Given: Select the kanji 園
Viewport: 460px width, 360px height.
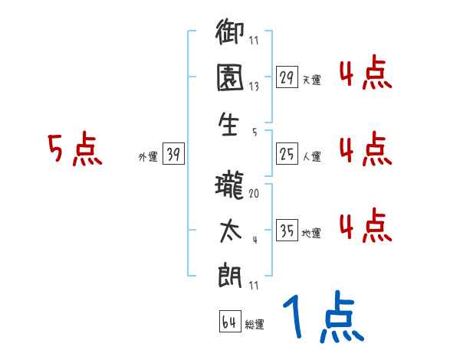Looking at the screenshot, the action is [231, 79].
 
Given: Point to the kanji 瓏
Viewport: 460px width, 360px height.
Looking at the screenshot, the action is [231, 186].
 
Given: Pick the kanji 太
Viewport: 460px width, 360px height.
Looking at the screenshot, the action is [231, 229].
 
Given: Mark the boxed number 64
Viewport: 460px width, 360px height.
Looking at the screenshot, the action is [229, 322].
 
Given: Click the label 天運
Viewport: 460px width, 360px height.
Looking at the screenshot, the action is [311, 80].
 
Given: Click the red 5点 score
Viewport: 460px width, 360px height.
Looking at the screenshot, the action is [74, 149].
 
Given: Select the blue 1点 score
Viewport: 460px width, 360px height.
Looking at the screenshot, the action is [322, 317].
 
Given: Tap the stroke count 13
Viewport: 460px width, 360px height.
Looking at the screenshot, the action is [254, 87].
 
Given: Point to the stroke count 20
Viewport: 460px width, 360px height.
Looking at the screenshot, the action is [254, 195].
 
